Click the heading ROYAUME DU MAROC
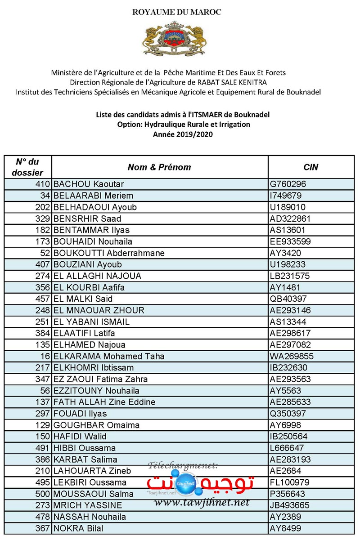[x=177, y=12]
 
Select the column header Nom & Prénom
[x=159, y=167]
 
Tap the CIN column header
[x=310, y=167]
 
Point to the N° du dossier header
[x=28, y=167]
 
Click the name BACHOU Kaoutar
[x=89, y=184]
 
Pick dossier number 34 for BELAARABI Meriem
[x=44, y=196]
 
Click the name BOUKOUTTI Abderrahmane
[x=109, y=253]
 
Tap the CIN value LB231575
[x=290, y=276]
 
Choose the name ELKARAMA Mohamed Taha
[x=109, y=357]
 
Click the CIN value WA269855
[x=290, y=357]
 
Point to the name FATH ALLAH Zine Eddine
[x=104, y=402]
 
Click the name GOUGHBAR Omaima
[x=96, y=425]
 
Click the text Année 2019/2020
[x=183, y=134]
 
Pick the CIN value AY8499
[x=285, y=528]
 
